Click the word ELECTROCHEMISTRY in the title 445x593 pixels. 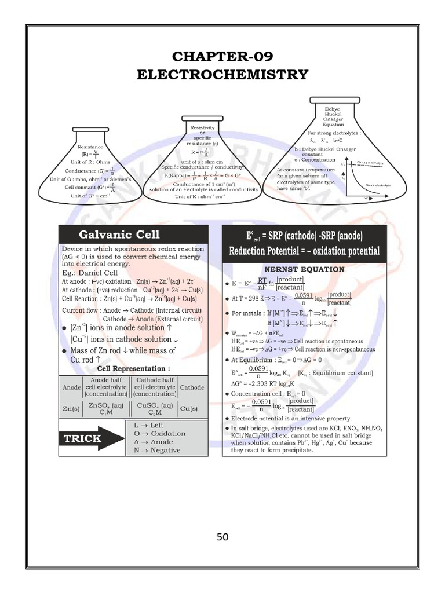coord(222,75)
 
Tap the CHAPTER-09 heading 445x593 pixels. coord(222,56)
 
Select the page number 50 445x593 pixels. coord(222,537)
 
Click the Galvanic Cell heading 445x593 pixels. coord(119,235)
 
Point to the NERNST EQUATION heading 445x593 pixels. coord(304,269)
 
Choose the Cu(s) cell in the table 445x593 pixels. coord(191,408)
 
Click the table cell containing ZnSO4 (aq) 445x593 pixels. coord(108,408)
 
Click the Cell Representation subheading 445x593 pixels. coord(134,368)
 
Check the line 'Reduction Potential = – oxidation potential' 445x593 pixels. coord(304,251)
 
